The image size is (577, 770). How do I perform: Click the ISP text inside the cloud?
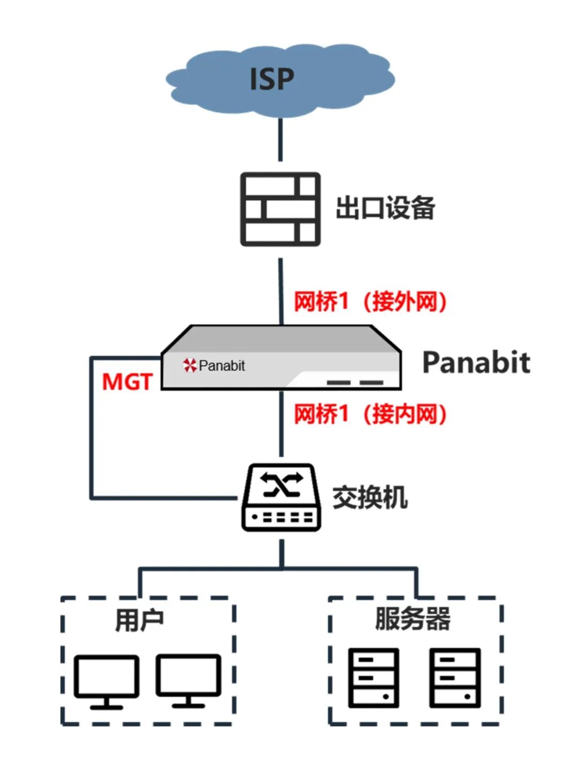coord(272,79)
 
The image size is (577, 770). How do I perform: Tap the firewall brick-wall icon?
coord(280,209)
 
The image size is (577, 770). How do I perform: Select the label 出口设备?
coord(385,208)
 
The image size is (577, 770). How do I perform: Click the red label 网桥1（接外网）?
coord(370,302)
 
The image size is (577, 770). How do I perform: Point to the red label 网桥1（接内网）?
coord(370,414)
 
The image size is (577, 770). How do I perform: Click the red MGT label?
coord(127,382)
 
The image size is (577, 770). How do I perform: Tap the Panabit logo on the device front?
coord(214,366)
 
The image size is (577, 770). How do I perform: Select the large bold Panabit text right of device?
coord(475,363)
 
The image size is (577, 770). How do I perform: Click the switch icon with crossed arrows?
coord(281,497)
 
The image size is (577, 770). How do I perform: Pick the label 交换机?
coord(370,498)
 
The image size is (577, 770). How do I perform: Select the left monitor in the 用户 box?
coord(106,681)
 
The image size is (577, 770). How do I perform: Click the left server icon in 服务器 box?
coord(373,677)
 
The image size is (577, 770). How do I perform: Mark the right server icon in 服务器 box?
coord(456,677)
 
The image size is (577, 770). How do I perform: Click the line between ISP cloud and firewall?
coord(280,140)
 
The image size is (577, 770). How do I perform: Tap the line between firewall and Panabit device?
coord(281,291)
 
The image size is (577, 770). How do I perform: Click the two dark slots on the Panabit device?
coord(355,382)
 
